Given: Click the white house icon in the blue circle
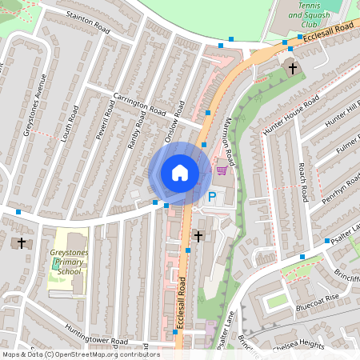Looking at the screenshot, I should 180,173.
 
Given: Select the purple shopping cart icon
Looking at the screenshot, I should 222,169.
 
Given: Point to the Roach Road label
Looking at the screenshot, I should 303,182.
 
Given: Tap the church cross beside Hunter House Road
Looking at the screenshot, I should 292,69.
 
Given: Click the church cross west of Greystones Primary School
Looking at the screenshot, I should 22,242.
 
